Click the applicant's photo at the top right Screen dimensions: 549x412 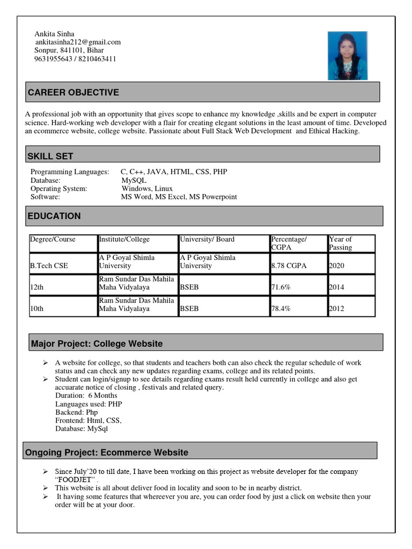point(348,55)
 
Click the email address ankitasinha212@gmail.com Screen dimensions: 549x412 point(78,42)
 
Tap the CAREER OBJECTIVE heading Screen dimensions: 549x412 point(73,93)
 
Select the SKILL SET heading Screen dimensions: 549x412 point(50,157)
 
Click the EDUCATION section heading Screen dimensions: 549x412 point(54,216)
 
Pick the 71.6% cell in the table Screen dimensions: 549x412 point(281,287)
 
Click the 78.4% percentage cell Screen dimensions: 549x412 point(281,309)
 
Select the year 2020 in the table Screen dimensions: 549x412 point(337,265)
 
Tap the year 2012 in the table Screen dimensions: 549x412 point(337,309)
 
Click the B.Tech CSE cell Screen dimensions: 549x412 point(49,265)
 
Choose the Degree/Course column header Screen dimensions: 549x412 point(53,239)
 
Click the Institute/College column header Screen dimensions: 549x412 point(124,239)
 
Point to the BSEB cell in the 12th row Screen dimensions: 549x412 point(189,287)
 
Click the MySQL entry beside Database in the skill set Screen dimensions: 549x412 point(134,181)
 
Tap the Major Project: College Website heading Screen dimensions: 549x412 point(97,344)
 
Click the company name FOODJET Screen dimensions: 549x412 point(75,479)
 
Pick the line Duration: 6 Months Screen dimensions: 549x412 point(86,396)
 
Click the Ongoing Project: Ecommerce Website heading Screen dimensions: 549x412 point(107,453)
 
